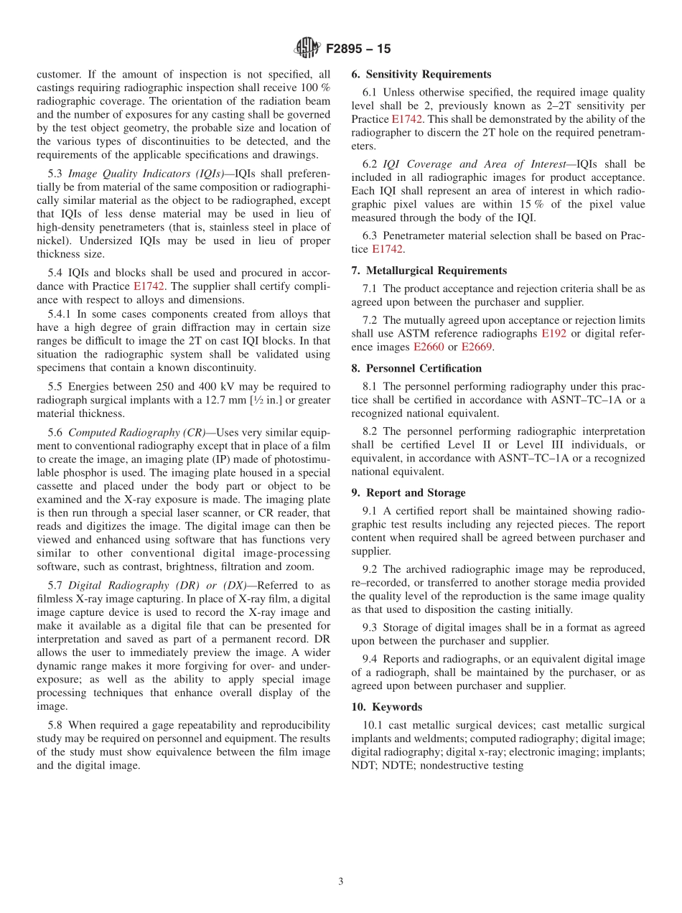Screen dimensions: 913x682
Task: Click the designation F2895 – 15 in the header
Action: point(358,50)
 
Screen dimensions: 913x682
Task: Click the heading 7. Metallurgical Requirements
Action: point(429,271)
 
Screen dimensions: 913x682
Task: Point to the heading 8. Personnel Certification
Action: point(416,368)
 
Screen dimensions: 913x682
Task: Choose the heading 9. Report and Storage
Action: point(408,492)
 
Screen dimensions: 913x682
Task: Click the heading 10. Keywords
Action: point(387,707)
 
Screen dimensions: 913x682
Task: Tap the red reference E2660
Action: point(429,347)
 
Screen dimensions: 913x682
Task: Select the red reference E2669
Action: point(476,347)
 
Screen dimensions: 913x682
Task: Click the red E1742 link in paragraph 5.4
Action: point(149,286)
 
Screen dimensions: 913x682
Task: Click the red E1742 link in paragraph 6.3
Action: point(387,249)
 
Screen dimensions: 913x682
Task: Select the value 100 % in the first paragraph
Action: point(315,88)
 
